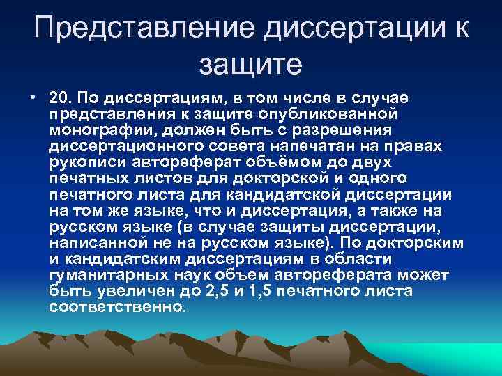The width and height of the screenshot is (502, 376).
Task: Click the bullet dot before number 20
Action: (33, 95)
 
